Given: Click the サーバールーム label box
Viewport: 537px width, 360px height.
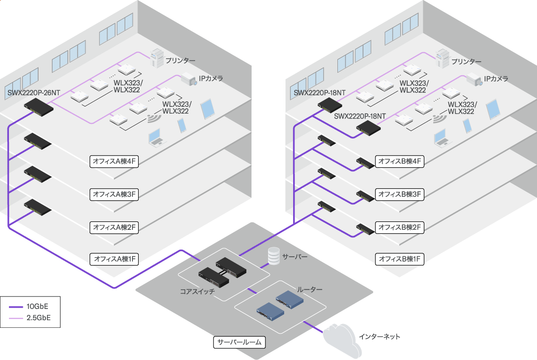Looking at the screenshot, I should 239,343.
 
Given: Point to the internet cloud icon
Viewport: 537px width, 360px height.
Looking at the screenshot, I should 341,339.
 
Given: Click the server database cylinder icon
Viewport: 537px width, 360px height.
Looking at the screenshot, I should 273,257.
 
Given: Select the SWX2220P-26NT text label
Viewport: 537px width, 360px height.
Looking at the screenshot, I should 34,93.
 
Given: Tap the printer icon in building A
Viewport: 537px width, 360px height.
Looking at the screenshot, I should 157,58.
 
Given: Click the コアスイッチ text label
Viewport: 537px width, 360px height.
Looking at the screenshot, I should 197,291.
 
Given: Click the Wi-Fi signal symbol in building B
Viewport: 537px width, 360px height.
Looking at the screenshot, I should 439,119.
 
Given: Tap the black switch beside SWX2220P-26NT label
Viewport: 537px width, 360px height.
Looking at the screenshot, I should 38,106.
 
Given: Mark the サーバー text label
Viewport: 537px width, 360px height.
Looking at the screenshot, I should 294,258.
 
